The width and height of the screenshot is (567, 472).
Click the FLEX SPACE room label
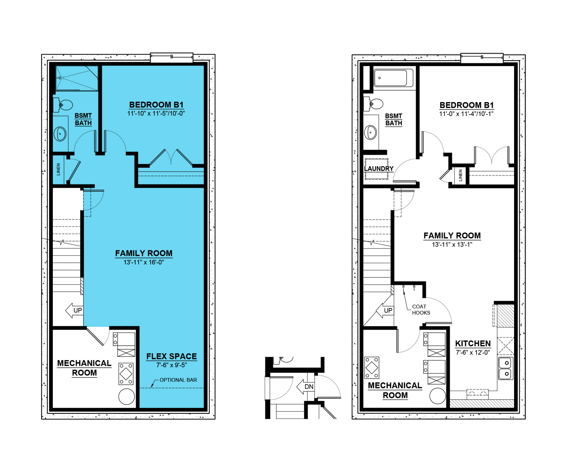click(171, 356)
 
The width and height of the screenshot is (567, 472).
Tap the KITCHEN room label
click(473, 343)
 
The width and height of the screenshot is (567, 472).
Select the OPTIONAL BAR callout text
click(178, 380)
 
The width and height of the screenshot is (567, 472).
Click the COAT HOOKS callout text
click(421, 310)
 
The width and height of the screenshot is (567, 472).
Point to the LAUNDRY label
click(379, 168)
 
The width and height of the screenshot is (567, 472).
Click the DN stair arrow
click(305, 387)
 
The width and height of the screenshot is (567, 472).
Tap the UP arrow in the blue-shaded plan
click(74, 310)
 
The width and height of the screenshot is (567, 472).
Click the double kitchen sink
click(506, 368)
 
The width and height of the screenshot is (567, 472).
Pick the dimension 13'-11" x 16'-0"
click(144, 262)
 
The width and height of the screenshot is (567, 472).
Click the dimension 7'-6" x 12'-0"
click(473, 352)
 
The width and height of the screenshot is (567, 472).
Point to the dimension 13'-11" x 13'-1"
click(452, 245)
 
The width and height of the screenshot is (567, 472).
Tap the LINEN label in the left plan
click(58, 169)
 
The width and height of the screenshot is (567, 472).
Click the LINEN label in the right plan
click(461, 175)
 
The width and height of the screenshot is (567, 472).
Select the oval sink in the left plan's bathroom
click(60, 134)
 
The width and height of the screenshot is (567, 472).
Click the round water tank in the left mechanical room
click(126, 397)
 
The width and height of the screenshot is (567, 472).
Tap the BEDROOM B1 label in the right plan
click(466, 105)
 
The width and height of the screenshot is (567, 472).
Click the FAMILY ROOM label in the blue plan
click(144, 253)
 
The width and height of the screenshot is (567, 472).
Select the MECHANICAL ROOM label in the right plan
click(395, 390)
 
